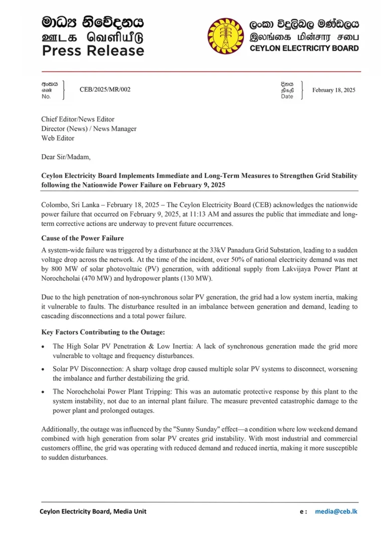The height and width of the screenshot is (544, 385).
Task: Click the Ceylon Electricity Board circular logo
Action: [x=226, y=36]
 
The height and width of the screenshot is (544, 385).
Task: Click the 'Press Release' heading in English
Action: [x=93, y=51]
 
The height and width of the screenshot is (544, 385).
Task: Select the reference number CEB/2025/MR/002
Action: [x=105, y=90]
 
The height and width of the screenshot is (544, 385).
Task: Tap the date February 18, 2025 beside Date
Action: [x=333, y=90]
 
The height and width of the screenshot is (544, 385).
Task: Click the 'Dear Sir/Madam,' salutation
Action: [x=66, y=157]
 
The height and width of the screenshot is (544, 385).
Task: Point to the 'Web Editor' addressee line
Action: [x=58, y=138]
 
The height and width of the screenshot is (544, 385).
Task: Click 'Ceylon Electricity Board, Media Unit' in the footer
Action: [x=93, y=511]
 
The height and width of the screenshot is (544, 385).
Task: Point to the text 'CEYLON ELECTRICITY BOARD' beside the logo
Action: [x=304, y=49]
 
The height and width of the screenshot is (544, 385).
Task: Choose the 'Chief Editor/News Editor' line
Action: [x=78, y=119]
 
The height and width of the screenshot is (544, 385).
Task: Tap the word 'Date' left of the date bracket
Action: [x=287, y=97]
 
